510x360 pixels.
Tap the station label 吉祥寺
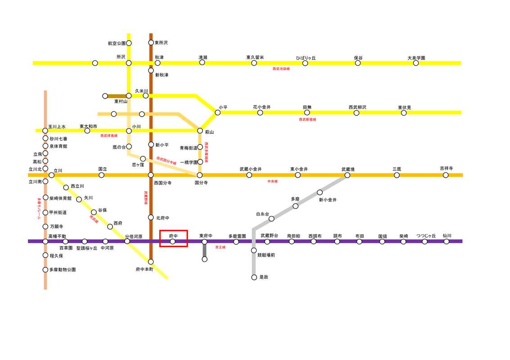coord(446,169)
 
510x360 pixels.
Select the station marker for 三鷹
coord(397,175)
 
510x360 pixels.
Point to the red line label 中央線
coord(272,181)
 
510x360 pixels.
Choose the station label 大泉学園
coord(416,58)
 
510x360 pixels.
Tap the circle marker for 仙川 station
coord(446,242)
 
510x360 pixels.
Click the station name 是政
coord(264,278)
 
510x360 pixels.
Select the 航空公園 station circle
coord(129,43)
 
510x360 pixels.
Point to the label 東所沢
coord(161,43)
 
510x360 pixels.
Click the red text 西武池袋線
coord(281,69)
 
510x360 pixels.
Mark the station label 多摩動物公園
coord(63,270)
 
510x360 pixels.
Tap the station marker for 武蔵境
coord(347,175)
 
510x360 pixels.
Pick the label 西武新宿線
coord(307,120)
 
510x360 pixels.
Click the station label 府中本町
coord(144,269)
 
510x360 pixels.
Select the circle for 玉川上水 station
coord(45,130)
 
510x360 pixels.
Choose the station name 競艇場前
coord(266,255)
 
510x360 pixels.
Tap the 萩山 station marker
coord(200,130)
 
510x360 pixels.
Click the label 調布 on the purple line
coord(337,236)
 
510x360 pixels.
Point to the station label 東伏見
coord(404,108)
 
